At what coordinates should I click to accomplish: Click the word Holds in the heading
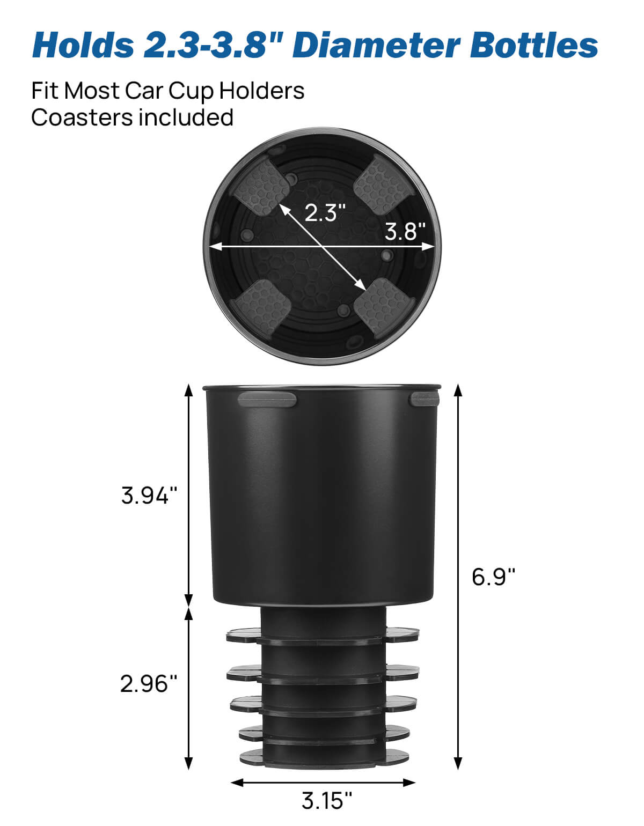pyautogui.click(x=83, y=45)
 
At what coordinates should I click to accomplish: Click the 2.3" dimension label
pyautogui.click(x=325, y=213)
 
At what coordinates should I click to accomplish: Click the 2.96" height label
pyautogui.click(x=148, y=684)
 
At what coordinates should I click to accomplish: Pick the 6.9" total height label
pyautogui.click(x=493, y=577)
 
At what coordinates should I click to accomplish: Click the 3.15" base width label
pyautogui.click(x=326, y=801)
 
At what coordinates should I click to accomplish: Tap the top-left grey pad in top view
pyautogui.click(x=262, y=187)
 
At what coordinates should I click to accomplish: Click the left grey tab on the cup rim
pyautogui.click(x=267, y=400)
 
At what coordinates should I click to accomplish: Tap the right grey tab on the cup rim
pyautogui.click(x=424, y=399)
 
